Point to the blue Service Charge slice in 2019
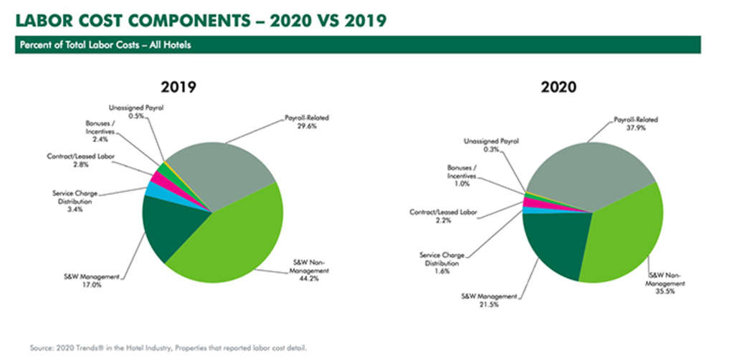coord(153,189)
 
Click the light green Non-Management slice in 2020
coord(624,237)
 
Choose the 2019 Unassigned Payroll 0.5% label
coord(133,116)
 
